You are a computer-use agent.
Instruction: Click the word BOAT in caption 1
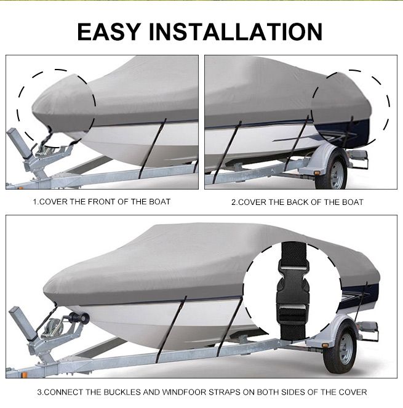coord(158,202)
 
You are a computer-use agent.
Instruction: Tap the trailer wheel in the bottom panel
coord(339,350)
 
